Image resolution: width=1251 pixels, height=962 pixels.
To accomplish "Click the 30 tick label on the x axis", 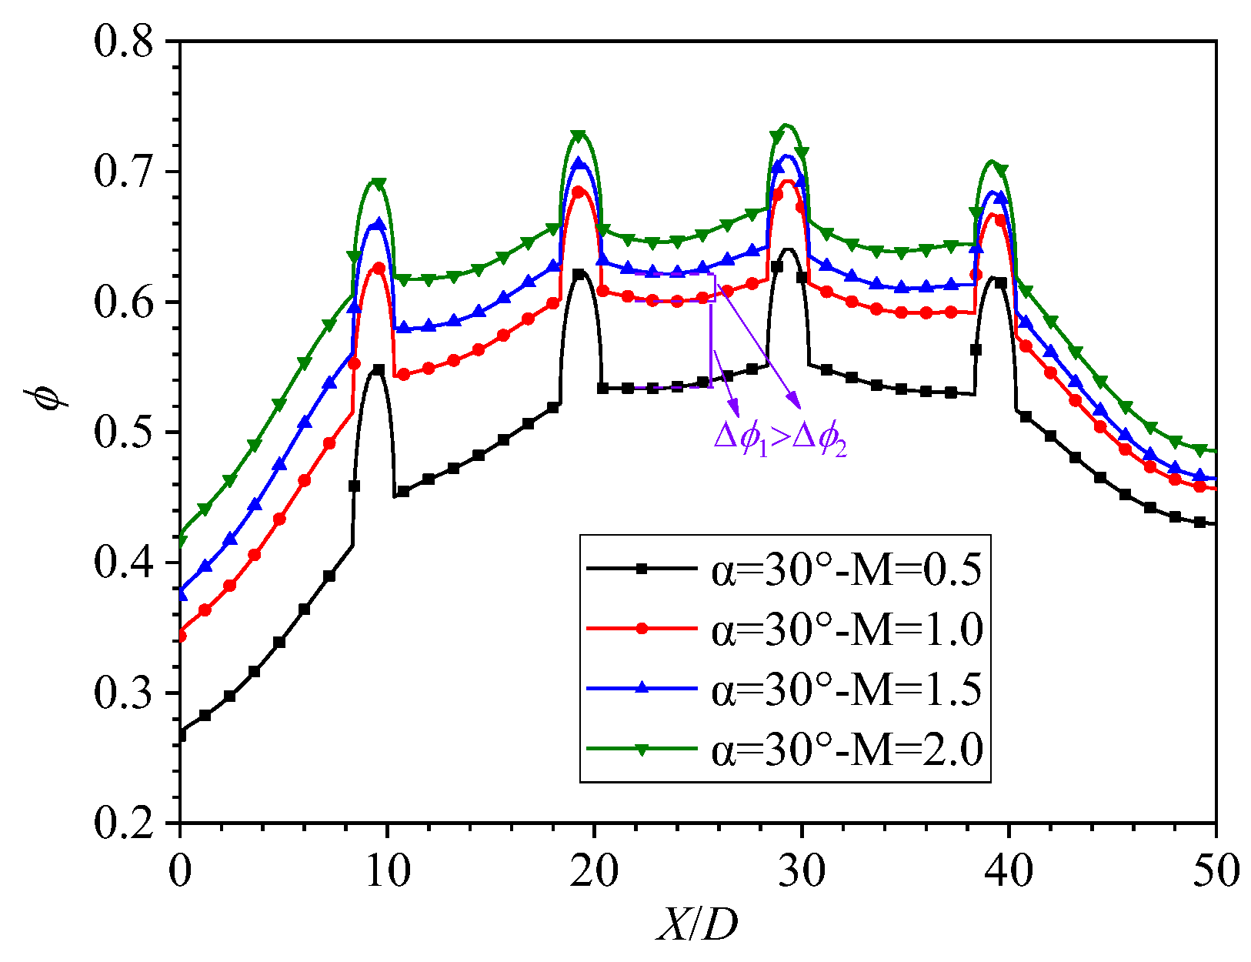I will [x=802, y=872].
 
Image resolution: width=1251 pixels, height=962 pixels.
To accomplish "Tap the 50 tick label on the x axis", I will [x=1216, y=872].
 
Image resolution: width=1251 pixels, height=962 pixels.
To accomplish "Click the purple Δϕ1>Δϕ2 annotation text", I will [x=780, y=439].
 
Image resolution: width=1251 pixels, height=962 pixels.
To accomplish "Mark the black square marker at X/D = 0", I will [x=181, y=735].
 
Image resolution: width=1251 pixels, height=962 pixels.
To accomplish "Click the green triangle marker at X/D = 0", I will [x=181, y=540].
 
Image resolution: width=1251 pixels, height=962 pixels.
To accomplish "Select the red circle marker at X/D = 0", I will [x=181, y=636].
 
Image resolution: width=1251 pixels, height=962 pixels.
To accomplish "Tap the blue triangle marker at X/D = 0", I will [x=181, y=594].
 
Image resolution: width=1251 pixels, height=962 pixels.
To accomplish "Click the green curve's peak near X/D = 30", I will [x=786, y=125].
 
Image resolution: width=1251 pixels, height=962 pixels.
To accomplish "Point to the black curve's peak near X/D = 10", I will [x=377, y=369].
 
